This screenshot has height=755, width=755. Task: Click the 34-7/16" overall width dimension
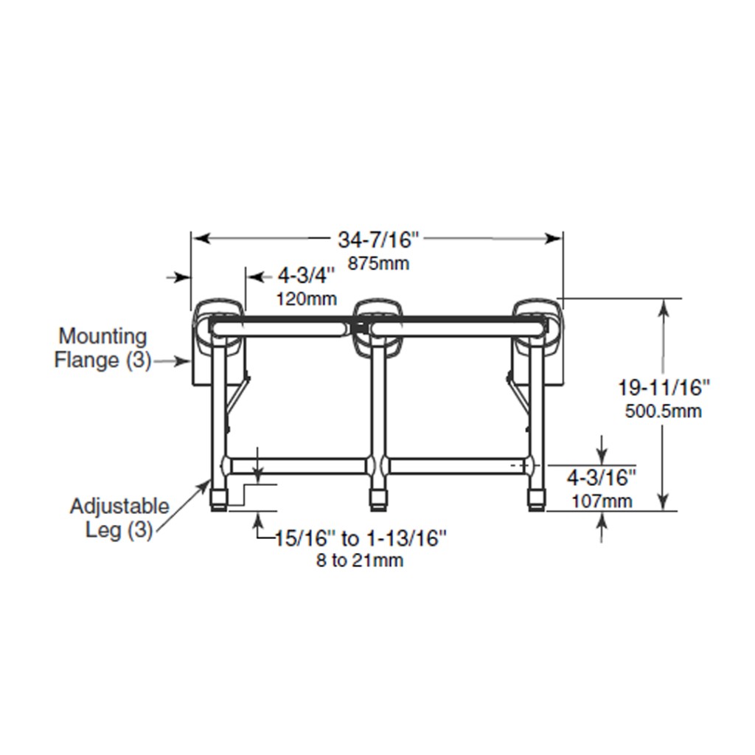pos(378,240)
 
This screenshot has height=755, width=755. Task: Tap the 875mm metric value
pos(378,263)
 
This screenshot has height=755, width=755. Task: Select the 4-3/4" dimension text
pos(306,276)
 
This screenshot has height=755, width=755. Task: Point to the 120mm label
pos(306,299)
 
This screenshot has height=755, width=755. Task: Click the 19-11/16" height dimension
pos(664,387)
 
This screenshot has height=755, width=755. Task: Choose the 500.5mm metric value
pos(664,411)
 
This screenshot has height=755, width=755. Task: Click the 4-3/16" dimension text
pos(601,479)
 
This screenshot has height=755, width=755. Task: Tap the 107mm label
pos(601,502)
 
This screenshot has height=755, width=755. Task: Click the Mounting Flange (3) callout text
pos(103,348)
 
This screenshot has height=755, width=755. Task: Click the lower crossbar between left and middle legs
pos(299,466)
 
